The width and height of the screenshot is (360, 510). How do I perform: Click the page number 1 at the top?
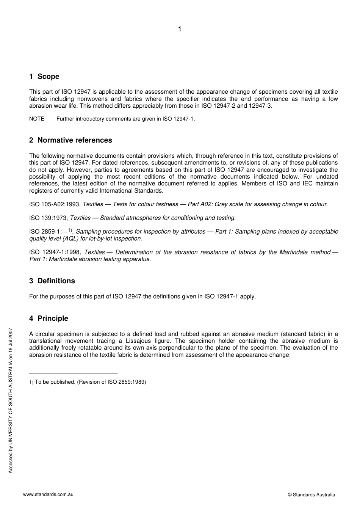pos(180,29)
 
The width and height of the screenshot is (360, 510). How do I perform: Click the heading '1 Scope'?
pos(44,77)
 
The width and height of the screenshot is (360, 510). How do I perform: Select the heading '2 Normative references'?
pos(70,140)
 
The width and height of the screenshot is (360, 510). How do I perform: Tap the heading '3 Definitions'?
pos(52,281)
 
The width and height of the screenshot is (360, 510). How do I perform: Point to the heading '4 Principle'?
pos(49,319)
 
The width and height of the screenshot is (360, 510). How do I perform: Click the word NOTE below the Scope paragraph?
pos(37,119)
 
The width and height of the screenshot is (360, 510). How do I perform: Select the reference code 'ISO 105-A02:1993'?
pos(55,204)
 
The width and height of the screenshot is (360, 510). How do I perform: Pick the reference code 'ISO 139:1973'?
pos(49,218)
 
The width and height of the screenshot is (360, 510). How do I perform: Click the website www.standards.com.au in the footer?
pos(48,494)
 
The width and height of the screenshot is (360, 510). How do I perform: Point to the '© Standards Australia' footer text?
pos(311,495)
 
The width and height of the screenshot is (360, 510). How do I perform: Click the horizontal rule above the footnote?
pos(73,373)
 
